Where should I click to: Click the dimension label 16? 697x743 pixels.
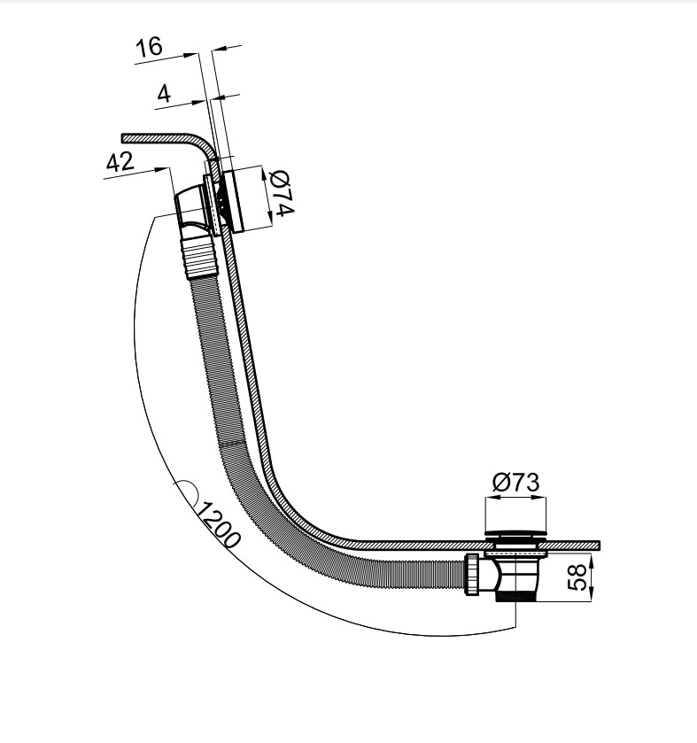[x=149, y=47]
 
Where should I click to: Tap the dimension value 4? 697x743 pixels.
[x=163, y=93]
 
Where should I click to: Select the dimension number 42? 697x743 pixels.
[x=119, y=163]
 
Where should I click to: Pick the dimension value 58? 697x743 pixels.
[x=577, y=577]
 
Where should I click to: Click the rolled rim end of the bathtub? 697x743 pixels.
[x=124, y=138]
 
